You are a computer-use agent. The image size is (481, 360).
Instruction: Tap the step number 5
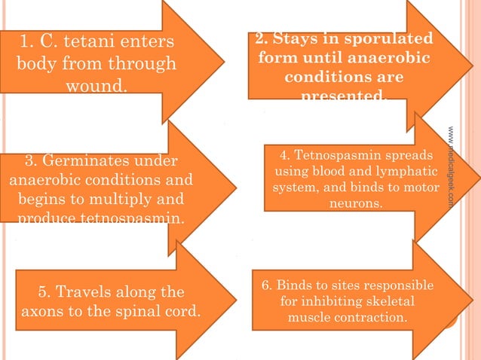point(44,291)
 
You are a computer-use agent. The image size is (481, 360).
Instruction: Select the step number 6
point(266,286)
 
